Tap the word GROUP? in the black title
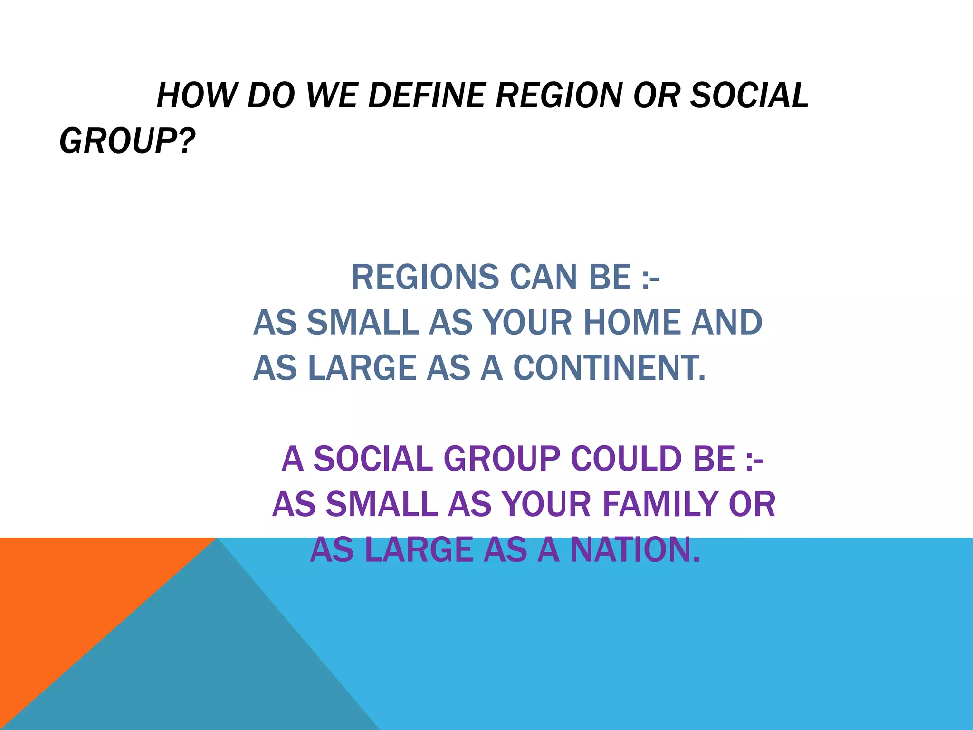[127, 141]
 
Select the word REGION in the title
[559, 96]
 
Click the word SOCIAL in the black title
[749, 96]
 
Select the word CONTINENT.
[610, 368]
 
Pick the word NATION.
[635, 550]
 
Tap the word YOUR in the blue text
[528, 323]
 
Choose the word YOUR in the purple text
[547, 504]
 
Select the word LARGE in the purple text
[420, 550]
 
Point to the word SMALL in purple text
[382, 504]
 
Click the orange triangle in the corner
[62, 599]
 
